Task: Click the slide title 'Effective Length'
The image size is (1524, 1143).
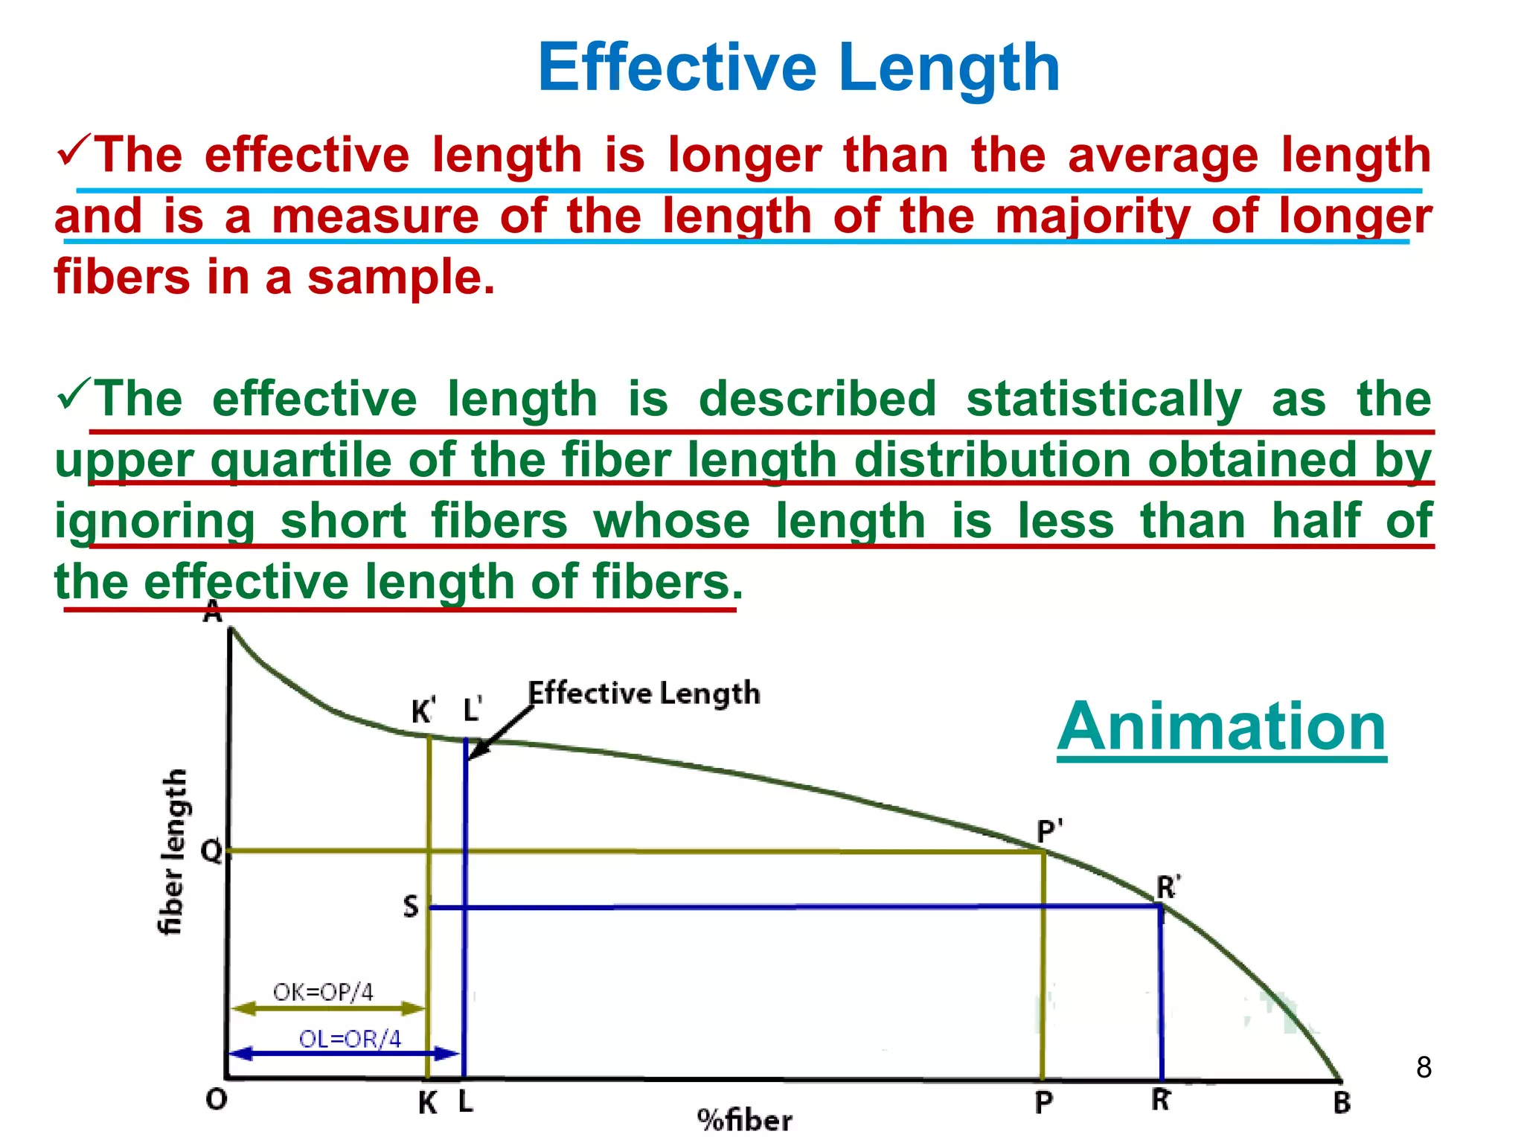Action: pyautogui.click(x=798, y=68)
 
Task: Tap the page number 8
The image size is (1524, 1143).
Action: pyautogui.click(x=1424, y=1067)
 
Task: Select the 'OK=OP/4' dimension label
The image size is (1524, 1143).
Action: pyautogui.click(x=323, y=992)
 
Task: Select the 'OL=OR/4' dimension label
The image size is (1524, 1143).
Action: pyautogui.click(x=350, y=1039)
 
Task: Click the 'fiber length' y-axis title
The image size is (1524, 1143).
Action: pyautogui.click(x=173, y=852)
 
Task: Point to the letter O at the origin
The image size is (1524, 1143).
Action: pyautogui.click(x=216, y=1099)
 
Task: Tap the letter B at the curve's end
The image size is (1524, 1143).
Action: pyautogui.click(x=1341, y=1103)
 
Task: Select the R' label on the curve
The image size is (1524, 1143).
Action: pyautogui.click(x=1168, y=888)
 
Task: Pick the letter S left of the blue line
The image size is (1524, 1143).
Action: pyautogui.click(x=411, y=906)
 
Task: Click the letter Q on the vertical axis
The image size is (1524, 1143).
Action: pyautogui.click(x=212, y=851)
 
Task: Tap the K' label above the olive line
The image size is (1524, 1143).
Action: pyautogui.click(x=423, y=711)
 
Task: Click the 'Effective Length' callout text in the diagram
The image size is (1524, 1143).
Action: pyautogui.click(x=644, y=694)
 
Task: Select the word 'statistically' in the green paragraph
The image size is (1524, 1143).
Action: pyautogui.click(x=1104, y=400)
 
